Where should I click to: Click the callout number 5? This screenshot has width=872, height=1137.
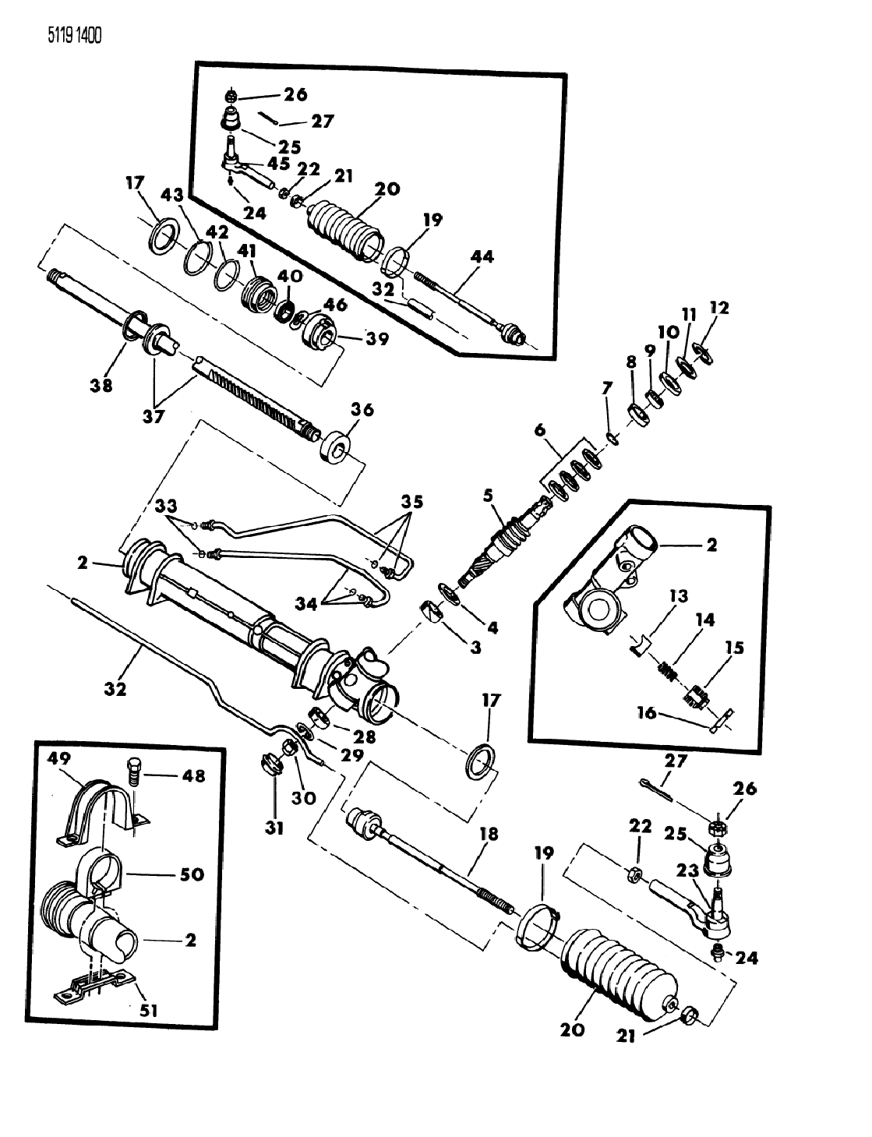(x=489, y=495)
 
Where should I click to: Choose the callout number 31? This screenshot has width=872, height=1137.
(x=274, y=828)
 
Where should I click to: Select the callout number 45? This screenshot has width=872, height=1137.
(x=278, y=163)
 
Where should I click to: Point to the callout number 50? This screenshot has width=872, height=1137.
(x=191, y=874)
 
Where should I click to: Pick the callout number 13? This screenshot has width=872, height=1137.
(x=678, y=597)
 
